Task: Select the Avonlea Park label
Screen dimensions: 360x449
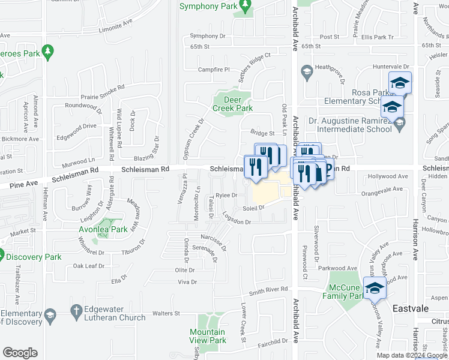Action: click(x=103, y=229)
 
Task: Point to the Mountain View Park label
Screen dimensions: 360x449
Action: click(x=208, y=336)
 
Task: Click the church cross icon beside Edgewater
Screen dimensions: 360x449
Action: click(x=76, y=310)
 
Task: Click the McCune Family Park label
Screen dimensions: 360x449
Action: click(x=344, y=292)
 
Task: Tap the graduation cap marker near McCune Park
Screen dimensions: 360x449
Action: click(x=375, y=287)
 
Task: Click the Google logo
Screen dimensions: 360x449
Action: click(x=20, y=353)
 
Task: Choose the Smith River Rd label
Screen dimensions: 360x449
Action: click(x=269, y=290)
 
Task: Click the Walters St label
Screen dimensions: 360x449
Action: click(x=166, y=313)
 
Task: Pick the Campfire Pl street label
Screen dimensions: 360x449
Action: click(x=214, y=70)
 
